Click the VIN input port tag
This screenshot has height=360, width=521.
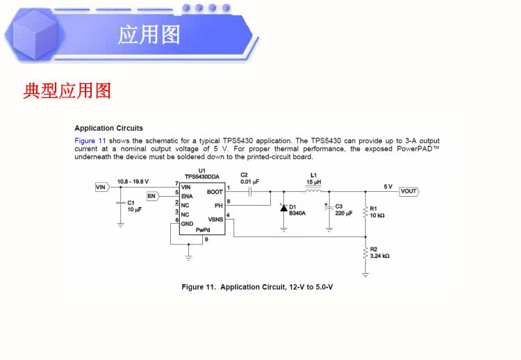[101, 187]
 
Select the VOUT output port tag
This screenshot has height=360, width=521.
[408, 191]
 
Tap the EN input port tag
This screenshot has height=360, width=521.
[151, 196]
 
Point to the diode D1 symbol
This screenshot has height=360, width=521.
[283, 208]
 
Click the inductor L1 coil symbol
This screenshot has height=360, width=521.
[314, 189]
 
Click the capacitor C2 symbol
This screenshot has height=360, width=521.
[249, 191]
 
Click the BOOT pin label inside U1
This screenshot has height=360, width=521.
[215, 192]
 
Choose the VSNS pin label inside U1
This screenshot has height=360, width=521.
[215, 220]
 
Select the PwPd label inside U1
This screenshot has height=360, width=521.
[202, 230]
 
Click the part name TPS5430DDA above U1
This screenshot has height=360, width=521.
[201, 177]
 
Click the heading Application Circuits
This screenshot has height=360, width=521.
[108, 128]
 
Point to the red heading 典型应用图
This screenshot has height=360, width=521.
[67, 90]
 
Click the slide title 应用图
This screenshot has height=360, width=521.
[149, 34]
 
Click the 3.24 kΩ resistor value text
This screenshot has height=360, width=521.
[380, 256]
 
